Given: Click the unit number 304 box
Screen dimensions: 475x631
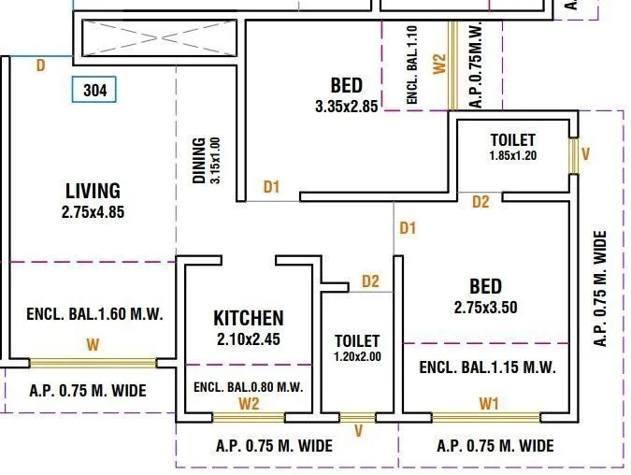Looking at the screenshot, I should click(x=94, y=91).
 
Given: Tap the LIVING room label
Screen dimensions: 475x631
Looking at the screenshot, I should click(x=93, y=192).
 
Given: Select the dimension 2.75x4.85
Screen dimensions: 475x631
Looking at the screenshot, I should click(x=93, y=212).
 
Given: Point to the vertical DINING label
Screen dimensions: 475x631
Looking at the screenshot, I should click(x=198, y=161).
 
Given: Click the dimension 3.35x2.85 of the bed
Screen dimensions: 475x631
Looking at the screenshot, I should click(x=346, y=107).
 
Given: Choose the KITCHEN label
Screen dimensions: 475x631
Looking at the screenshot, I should click(x=248, y=318).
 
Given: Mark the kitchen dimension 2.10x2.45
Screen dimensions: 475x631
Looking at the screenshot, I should click(x=248, y=338).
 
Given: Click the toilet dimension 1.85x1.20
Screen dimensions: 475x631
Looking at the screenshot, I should click(x=513, y=156).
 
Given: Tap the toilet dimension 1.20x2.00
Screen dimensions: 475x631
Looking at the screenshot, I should click(x=357, y=356).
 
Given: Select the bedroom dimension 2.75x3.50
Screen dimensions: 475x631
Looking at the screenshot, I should click(x=485, y=307).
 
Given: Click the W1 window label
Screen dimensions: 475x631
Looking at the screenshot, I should click(x=488, y=404).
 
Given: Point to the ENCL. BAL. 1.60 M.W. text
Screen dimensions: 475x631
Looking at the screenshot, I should click(x=92, y=314).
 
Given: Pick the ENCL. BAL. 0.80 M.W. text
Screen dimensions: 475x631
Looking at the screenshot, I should click(x=248, y=386).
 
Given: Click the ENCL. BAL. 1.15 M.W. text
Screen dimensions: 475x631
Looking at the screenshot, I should click(x=487, y=367).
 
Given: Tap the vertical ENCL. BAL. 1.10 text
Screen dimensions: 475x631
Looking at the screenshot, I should click(x=412, y=65).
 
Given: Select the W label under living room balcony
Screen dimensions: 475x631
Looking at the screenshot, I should click(x=92, y=346).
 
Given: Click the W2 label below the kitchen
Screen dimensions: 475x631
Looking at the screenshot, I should click(x=248, y=404).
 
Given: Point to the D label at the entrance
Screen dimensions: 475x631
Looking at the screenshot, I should click(x=40, y=65).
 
